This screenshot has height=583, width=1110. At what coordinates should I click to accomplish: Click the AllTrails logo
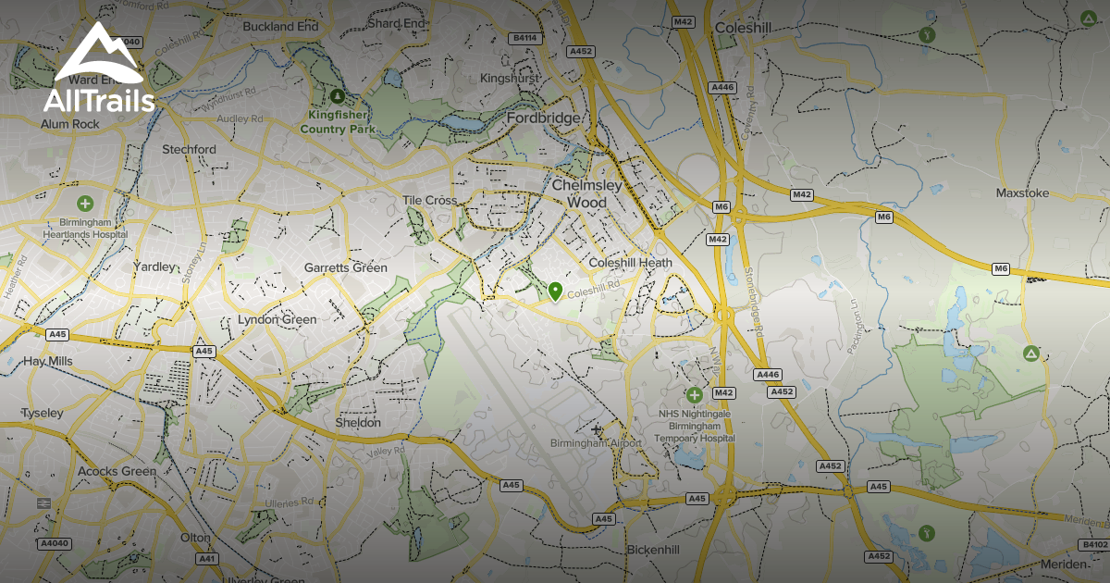[99, 69]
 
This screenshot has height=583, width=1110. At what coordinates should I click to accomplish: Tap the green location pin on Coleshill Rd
[555, 292]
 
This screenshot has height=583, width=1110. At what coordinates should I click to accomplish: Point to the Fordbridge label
[543, 119]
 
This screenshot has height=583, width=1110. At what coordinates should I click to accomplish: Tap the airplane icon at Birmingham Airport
[597, 429]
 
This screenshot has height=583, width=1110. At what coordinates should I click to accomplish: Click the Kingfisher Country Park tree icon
[337, 95]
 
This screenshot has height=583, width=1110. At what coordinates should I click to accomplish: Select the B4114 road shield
[524, 39]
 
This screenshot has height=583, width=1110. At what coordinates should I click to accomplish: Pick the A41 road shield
[206, 559]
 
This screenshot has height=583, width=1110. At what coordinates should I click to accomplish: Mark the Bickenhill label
[653, 550]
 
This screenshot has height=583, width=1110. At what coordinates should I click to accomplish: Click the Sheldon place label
[358, 423]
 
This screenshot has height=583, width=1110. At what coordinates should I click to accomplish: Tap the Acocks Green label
[117, 471]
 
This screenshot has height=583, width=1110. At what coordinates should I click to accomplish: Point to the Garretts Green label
[346, 268]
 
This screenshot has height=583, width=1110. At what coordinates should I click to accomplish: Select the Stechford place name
[189, 149]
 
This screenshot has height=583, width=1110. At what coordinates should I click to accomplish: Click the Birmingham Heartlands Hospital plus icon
[85, 204]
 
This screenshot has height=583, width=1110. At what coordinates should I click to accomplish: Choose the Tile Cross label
[430, 201]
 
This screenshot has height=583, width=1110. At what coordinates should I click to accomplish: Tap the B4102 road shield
[1092, 546]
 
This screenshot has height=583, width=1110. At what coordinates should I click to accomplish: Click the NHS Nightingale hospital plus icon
[695, 395]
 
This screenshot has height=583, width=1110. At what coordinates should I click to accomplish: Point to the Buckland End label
[280, 27]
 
